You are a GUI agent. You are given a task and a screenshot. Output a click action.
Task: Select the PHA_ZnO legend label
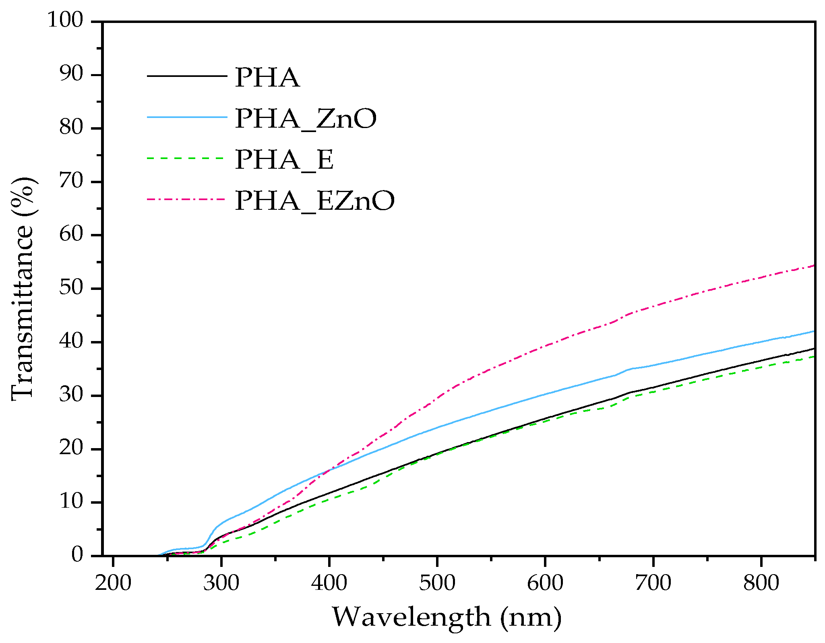306,118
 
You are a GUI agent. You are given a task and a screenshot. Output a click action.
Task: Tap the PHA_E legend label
284,159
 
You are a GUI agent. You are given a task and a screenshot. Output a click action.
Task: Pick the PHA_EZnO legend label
314,201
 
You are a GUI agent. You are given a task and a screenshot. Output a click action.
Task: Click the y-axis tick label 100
65,20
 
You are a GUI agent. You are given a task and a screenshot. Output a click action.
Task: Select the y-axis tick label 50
71,288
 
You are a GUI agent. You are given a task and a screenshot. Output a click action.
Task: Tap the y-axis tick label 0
77,555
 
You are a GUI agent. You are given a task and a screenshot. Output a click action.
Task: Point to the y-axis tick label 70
71,182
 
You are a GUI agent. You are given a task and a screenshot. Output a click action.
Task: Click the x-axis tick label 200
113,583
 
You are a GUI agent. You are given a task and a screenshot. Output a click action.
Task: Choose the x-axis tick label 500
437,583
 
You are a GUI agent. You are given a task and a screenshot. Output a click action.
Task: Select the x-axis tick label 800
761,583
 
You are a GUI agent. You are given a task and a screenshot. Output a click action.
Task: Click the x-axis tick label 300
221,583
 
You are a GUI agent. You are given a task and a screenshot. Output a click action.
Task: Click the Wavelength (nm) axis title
447,617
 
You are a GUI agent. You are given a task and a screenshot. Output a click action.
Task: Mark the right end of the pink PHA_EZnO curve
813,266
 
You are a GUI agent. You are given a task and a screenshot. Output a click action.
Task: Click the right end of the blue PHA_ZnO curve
813,331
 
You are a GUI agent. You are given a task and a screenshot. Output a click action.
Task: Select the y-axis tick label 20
71,449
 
